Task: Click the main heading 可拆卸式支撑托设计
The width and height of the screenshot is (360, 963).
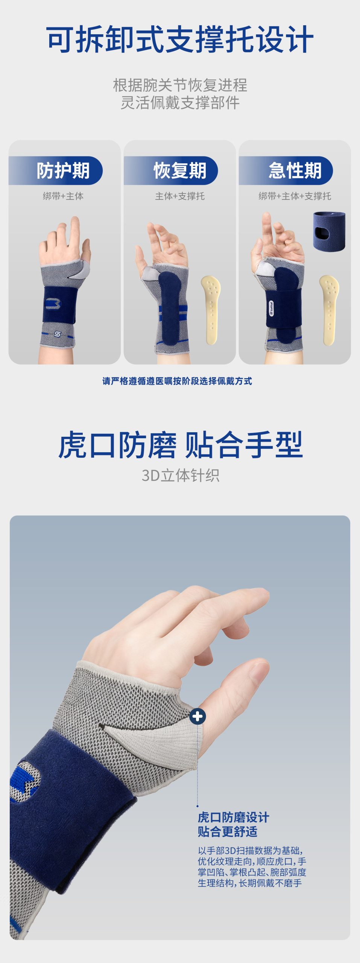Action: click(180, 39)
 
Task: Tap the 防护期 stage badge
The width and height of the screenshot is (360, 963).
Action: click(56, 170)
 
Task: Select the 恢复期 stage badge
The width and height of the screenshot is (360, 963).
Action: click(171, 170)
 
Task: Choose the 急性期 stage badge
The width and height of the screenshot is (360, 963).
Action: click(286, 170)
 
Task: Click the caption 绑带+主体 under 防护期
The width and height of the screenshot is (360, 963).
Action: click(63, 196)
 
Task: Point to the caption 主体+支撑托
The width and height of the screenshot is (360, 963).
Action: click(180, 196)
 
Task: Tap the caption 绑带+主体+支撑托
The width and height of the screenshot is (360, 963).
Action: click(295, 196)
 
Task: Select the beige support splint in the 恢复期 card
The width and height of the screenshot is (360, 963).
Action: click(211, 310)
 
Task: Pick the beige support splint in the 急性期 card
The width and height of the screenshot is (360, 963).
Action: click(329, 310)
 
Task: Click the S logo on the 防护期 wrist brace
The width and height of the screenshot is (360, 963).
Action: click(57, 334)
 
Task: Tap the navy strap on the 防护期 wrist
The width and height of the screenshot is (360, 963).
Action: click(59, 305)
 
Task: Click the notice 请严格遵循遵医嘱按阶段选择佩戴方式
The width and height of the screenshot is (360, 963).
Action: click(177, 381)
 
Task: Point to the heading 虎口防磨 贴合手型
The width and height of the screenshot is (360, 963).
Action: click(181, 445)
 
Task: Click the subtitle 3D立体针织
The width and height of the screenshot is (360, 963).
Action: click(181, 475)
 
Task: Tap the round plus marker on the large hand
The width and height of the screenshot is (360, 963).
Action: click(197, 716)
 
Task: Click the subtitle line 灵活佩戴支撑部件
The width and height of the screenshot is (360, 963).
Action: click(180, 103)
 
